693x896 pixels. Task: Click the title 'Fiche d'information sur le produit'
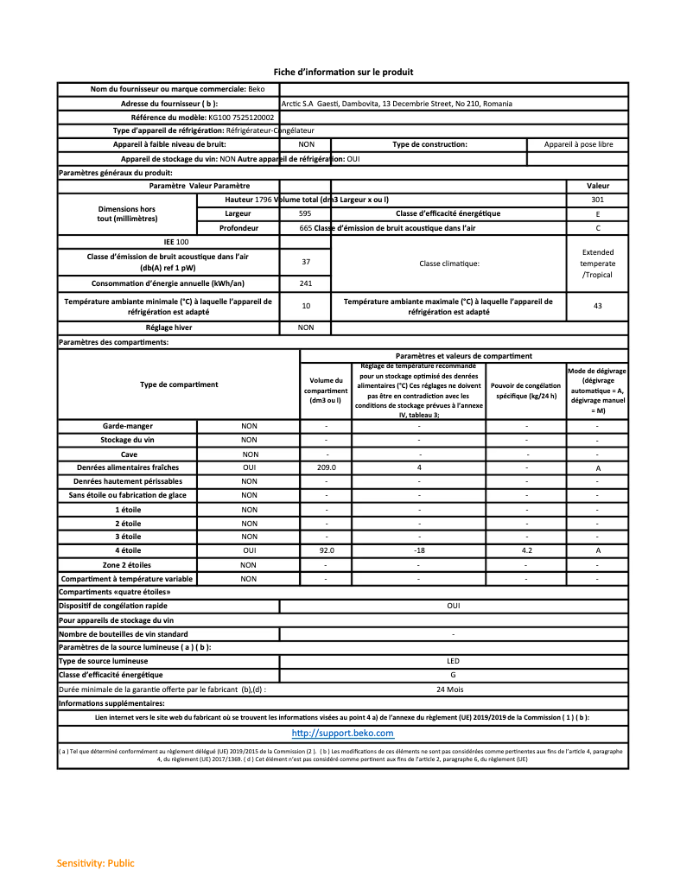click(344, 72)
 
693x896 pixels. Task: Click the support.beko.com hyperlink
click(342, 733)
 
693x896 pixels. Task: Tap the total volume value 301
click(597, 200)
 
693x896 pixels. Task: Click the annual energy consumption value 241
click(306, 283)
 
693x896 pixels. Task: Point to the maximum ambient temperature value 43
click(597, 306)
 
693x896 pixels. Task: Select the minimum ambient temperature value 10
click(306, 306)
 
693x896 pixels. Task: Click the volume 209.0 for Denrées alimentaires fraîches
click(326, 467)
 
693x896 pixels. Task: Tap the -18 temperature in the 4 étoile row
click(419, 550)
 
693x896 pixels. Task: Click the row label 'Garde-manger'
click(127, 426)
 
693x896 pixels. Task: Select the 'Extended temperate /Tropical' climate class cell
click(597, 263)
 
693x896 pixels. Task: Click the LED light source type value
click(453, 661)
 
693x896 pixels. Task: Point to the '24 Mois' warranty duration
click(453, 689)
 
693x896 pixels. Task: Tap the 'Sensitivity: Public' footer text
click(95, 863)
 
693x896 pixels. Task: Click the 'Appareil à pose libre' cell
click(578, 144)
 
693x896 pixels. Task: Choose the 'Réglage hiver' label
click(168, 327)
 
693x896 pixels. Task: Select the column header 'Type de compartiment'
click(179, 384)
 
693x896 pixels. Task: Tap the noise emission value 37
click(306, 261)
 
